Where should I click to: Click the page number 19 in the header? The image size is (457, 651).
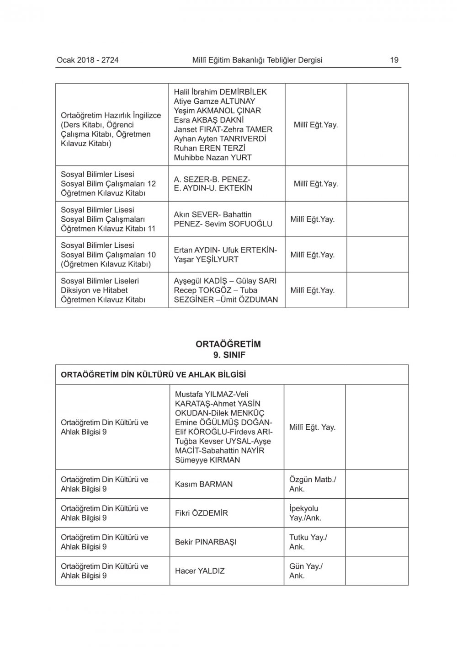(x=394, y=60)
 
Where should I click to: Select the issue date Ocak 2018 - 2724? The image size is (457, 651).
(x=88, y=60)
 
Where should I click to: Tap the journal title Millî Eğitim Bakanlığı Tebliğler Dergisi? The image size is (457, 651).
(x=257, y=60)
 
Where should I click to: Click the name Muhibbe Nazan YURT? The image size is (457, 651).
(x=213, y=158)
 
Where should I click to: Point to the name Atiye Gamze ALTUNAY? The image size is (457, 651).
(x=214, y=101)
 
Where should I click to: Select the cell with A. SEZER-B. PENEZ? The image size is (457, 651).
(x=213, y=184)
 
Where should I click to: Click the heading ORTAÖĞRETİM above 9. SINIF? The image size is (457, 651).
(x=228, y=344)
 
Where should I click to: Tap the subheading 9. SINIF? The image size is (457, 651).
(x=228, y=354)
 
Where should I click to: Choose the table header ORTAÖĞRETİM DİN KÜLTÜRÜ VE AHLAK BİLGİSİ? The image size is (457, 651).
(x=154, y=375)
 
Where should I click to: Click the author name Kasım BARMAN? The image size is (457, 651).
(x=204, y=484)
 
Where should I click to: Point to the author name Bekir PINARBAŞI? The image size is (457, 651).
(x=206, y=542)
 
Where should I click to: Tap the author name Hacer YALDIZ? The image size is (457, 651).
(x=200, y=571)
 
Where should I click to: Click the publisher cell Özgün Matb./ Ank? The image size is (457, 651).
(x=313, y=484)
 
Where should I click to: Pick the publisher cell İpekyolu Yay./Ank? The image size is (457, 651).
(x=305, y=513)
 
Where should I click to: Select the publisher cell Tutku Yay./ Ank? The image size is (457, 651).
(x=308, y=542)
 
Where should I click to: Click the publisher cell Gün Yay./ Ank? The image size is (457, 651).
(x=306, y=571)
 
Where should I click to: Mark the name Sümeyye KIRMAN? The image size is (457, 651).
(x=207, y=460)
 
